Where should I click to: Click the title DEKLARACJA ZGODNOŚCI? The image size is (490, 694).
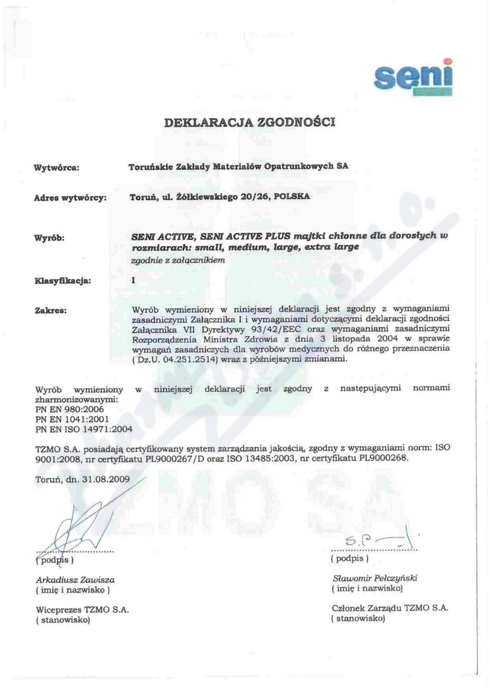(x=249, y=122)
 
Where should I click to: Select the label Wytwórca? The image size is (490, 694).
(x=56, y=167)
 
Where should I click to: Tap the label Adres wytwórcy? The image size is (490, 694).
(x=70, y=197)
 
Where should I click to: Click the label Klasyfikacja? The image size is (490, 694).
(x=62, y=278)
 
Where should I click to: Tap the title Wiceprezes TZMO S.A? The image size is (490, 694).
(x=82, y=609)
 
